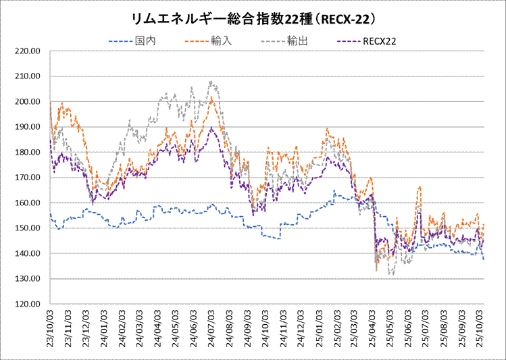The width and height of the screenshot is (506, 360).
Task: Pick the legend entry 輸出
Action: coord(298,41)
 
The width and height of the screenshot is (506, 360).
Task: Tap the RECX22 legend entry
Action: coord(379,41)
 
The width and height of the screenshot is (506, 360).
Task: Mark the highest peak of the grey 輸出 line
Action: coord(211,82)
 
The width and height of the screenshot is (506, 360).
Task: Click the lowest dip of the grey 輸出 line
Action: coord(391,274)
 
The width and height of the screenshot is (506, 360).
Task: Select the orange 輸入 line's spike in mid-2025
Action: coord(420,187)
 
